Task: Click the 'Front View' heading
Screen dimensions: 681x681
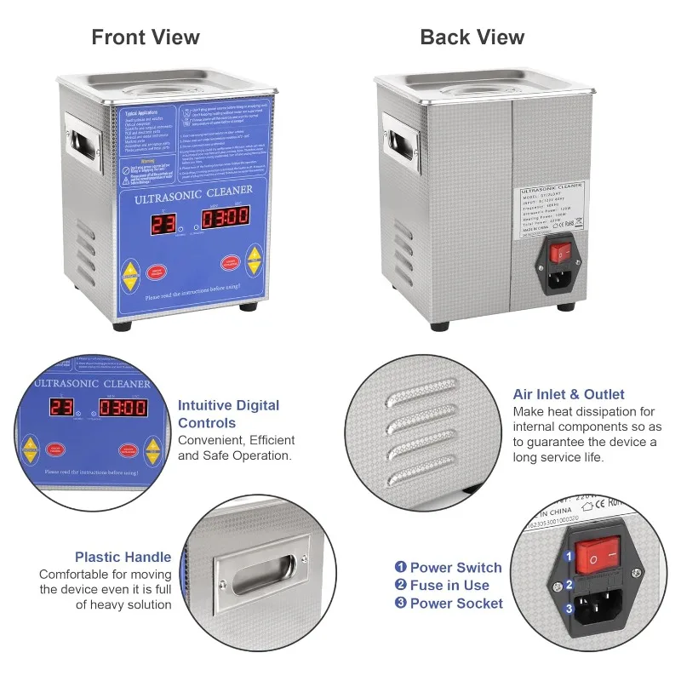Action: click(x=146, y=37)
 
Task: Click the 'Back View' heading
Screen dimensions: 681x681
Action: click(x=472, y=37)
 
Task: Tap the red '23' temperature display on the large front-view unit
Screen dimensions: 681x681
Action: click(x=165, y=224)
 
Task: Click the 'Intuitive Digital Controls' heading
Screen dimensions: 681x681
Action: click(x=228, y=414)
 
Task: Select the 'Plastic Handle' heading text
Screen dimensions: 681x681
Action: click(x=123, y=558)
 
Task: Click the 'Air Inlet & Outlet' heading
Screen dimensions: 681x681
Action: click(x=569, y=394)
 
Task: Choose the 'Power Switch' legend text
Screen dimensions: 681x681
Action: click(x=455, y=568)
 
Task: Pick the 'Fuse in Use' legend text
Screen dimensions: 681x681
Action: click(x=449, y=585)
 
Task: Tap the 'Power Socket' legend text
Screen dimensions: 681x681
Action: click(x=456, y=604)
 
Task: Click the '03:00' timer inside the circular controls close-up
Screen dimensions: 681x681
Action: click(x=124, y=409)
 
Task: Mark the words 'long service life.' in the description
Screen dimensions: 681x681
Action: click(x=558, y=457)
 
